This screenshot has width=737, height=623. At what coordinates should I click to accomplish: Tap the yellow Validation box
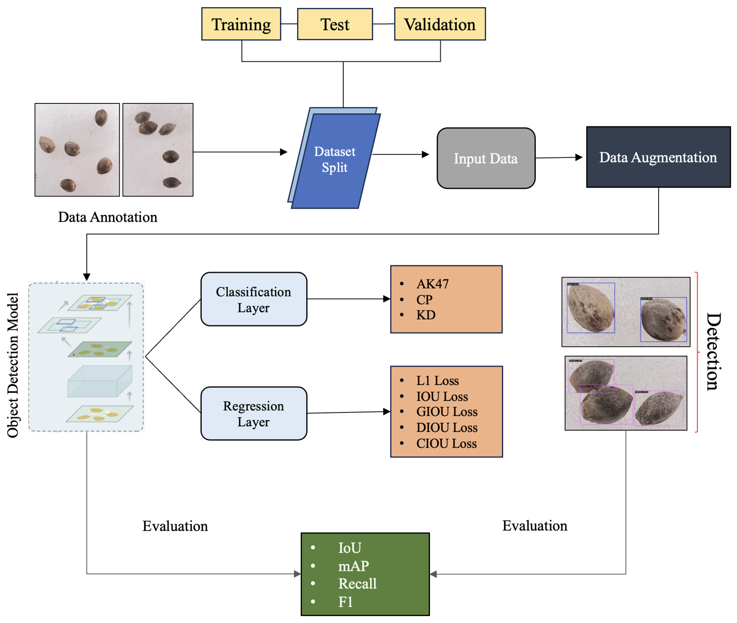click(x=439, y=24)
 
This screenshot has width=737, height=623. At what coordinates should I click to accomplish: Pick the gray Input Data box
click(x=486, y=158)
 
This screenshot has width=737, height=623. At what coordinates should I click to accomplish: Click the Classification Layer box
click(x=253, y=299)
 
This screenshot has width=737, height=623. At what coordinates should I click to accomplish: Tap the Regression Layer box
click(x=253, y=413)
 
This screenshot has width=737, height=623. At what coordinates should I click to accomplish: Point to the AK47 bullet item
click(x=432, y=284)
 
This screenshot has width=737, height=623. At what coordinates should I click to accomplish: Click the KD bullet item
click(x=425, y=315)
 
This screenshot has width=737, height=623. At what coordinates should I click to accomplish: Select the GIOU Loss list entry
click(x=446, y=411)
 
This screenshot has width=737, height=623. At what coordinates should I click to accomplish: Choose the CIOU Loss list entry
click(x=446, y=443)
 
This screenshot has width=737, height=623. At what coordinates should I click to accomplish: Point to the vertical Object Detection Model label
click(x=13, y=365)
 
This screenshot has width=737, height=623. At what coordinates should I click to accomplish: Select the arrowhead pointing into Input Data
click(x=425, y=154)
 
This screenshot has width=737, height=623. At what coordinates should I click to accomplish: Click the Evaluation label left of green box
click(x=175, y=526)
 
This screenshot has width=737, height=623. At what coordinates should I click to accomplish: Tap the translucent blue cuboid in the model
click(x=100, y=382)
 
